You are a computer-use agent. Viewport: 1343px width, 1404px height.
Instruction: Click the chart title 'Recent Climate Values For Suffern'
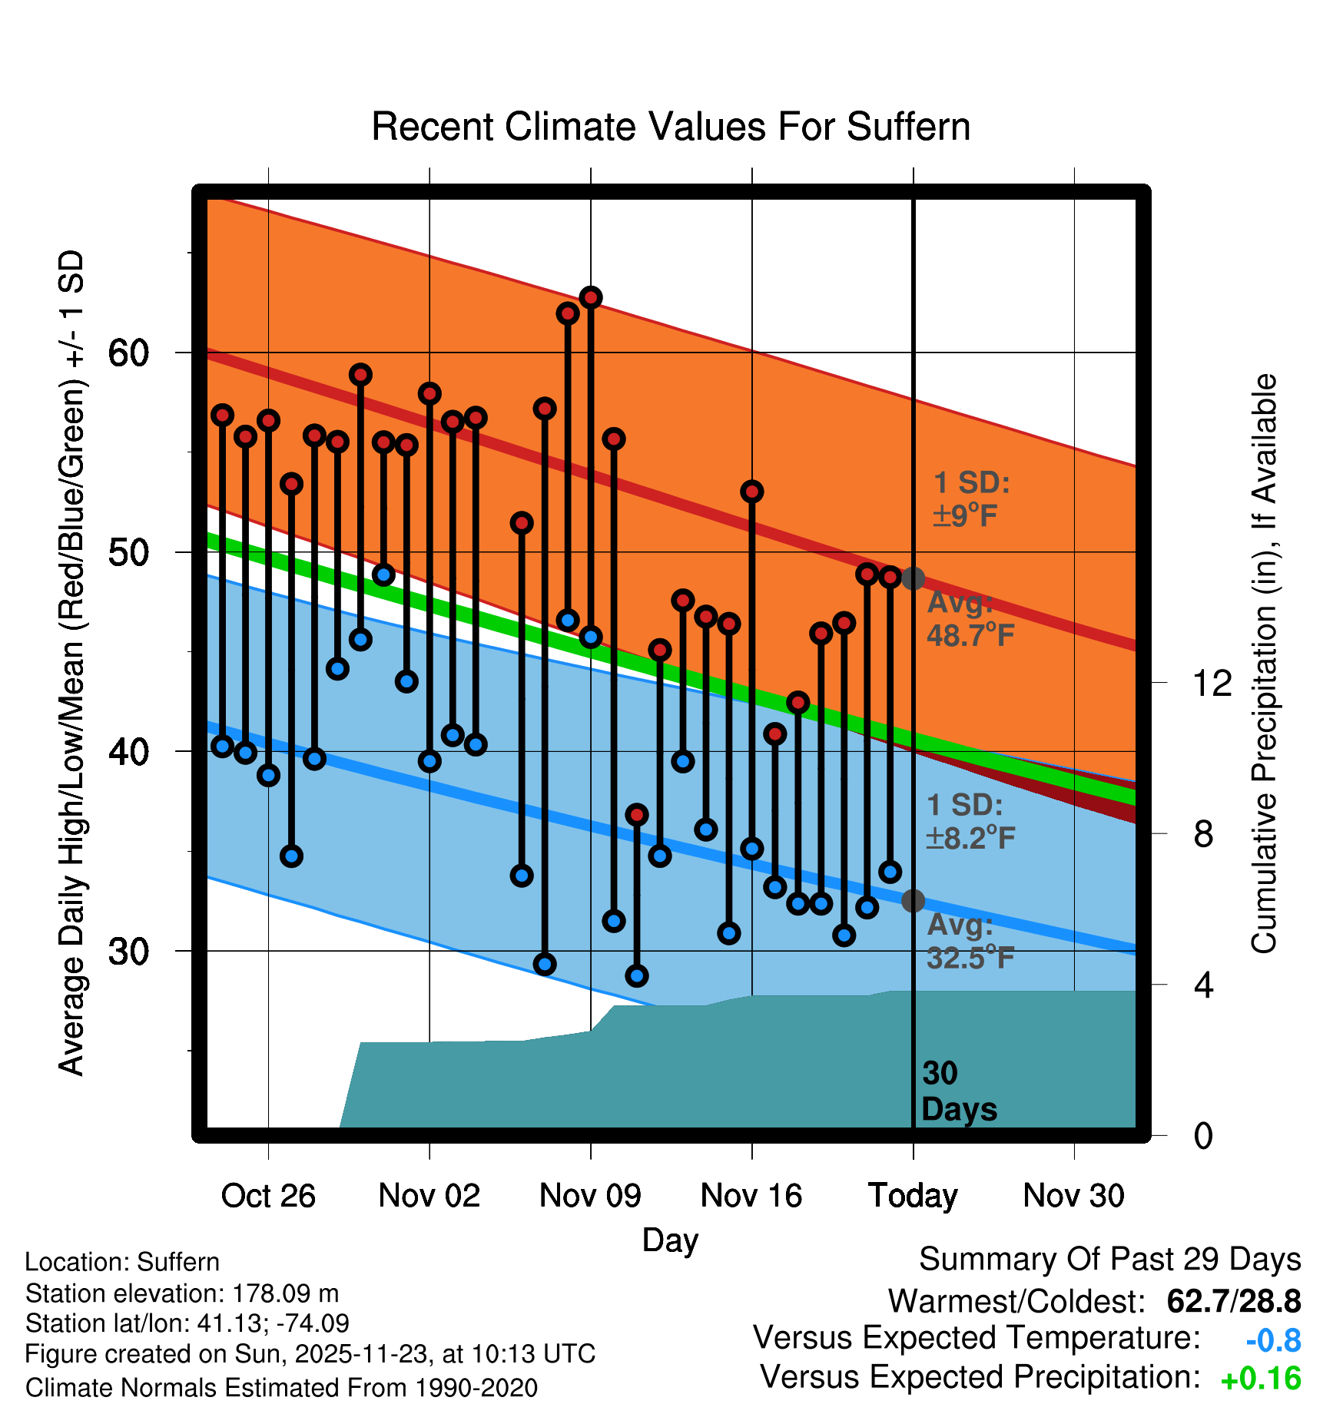click(x=670, y=127)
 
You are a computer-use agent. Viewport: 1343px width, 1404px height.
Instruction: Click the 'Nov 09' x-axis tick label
click(x=590, y=1196)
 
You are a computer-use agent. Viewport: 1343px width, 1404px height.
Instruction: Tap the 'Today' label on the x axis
click(x=913, y=1196)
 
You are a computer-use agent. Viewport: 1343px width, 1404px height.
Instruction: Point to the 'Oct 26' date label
click(x=268, y=1196)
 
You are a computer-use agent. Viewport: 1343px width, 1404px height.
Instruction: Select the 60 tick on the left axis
click(x=128, y=353)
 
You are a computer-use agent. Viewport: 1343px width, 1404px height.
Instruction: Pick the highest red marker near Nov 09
click(x=591, y=297)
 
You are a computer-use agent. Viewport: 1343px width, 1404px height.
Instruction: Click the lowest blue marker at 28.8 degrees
click(x=637, y=976)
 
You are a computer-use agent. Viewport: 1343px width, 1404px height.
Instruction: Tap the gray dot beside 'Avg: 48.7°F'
click(x=913, y=578)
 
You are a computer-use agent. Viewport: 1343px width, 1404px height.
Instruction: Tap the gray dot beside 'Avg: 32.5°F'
click(x=913, y=901)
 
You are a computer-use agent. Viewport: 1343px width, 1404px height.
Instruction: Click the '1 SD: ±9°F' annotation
click(x=971, y=499)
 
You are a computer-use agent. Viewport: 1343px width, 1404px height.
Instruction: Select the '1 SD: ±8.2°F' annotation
click(x=970, y=821)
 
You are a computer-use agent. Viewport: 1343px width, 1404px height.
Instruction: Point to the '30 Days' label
click(x=959, y=1091)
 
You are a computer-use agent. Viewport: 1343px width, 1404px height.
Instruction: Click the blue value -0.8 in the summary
click(x=1273, y=1341)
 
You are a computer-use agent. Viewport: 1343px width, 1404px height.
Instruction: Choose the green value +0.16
click(x=1261, y=1379)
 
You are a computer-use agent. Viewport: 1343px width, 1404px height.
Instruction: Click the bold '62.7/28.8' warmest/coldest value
click(x=1233, y=1302)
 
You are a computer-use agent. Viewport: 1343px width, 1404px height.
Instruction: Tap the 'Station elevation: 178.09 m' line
click(x=182, y=1293)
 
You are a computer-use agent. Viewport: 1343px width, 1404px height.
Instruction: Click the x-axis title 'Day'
click(x=670, y=1240)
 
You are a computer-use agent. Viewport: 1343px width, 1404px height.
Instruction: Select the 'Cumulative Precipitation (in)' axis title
click(x=1264, y=664)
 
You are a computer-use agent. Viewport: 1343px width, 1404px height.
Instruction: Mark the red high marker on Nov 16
click(x=752, y=492)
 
